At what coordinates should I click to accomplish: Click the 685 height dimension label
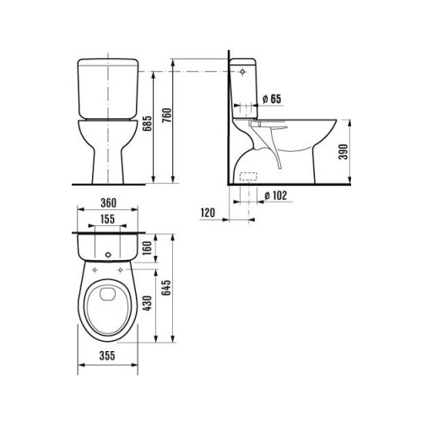(147, 123)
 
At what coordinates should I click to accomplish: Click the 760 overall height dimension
(166, 115)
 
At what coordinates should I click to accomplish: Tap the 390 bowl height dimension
(343, 152)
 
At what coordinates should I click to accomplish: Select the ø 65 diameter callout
(272, 99)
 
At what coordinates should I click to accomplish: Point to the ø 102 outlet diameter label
(276, 196)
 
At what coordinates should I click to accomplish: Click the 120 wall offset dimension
(208, 213)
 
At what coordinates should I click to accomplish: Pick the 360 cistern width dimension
(108, 203)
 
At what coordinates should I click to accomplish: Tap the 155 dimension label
(108, 219)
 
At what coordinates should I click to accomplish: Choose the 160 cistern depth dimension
(147, 247)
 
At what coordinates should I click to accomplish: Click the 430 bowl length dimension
(147, 303)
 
